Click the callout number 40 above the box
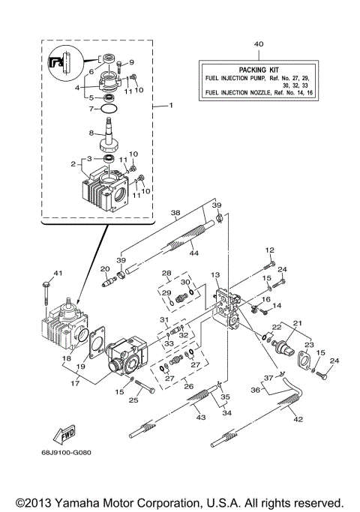259,44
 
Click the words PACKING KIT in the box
259,67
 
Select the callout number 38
175,212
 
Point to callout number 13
215,275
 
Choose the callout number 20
105,268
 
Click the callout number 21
298,322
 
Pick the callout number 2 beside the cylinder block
73,163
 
